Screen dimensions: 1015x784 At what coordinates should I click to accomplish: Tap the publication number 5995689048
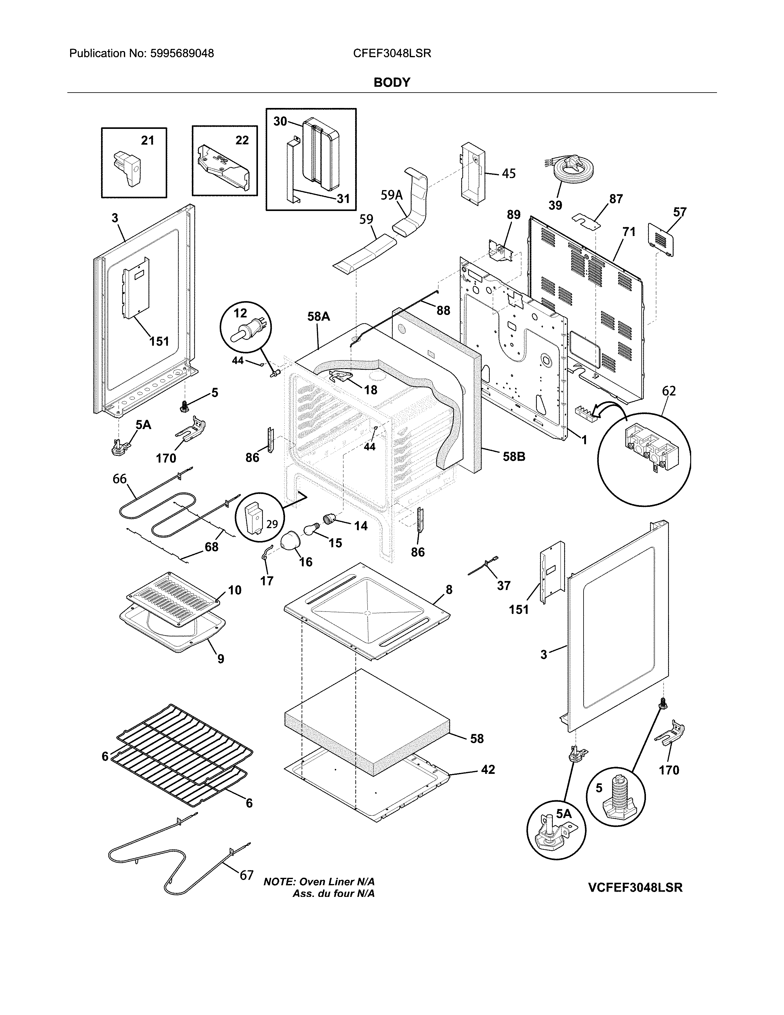(182, 54)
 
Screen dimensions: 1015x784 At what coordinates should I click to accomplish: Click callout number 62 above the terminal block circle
(669, 391)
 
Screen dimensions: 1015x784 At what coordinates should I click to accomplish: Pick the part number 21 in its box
(147, 140)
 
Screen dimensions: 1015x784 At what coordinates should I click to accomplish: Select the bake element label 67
(246, 875)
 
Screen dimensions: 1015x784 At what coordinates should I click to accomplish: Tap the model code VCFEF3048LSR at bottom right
(635, 887)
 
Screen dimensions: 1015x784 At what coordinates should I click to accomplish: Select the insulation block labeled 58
(367, 723)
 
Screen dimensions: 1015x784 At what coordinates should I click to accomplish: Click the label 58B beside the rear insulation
(514, 456)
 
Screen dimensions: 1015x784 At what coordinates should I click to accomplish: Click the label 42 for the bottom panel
(488, 770)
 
